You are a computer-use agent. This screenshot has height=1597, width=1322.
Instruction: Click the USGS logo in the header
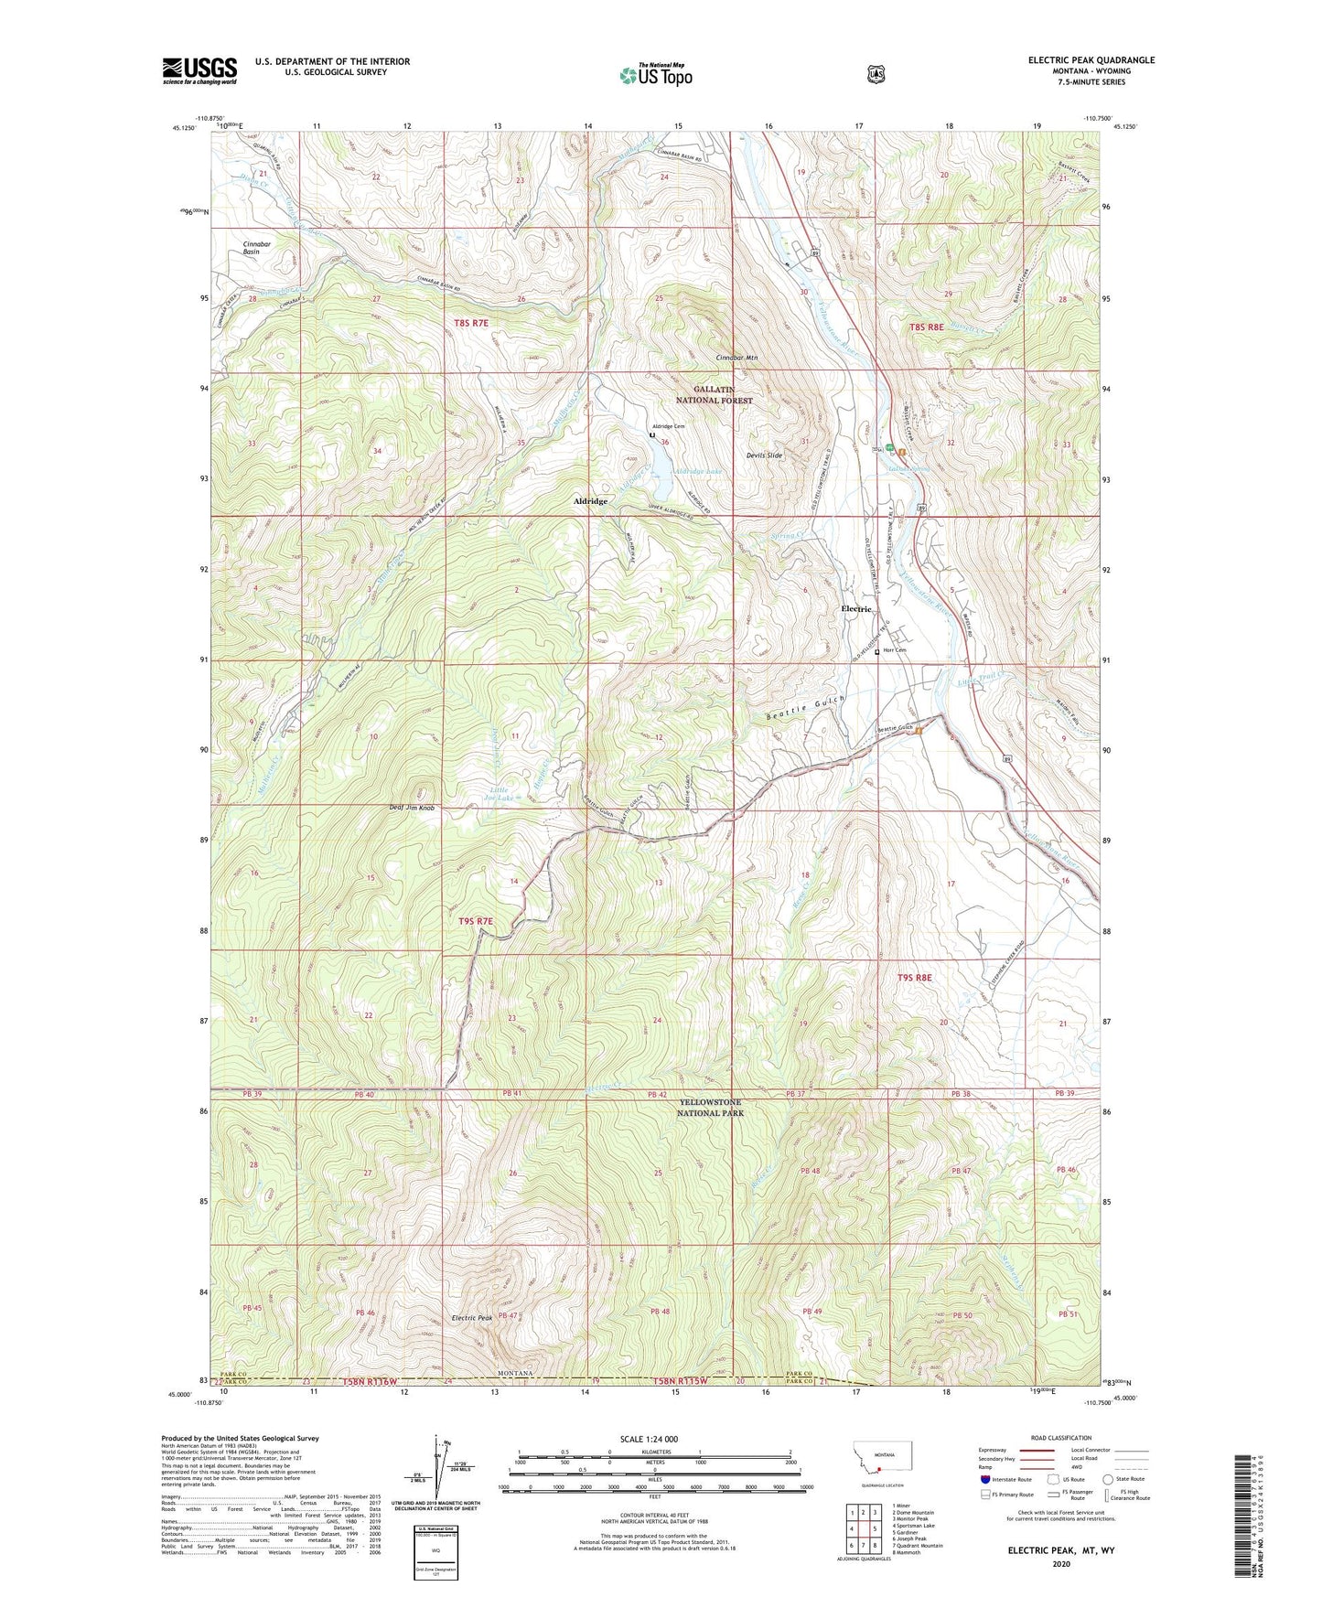(x=199, y=70)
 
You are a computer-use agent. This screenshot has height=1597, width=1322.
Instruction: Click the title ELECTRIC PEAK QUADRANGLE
(x=1091, y=60)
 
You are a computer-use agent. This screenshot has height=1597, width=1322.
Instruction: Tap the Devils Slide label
(x=764, y=456)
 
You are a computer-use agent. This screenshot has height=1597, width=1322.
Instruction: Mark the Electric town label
(x=857, y=609)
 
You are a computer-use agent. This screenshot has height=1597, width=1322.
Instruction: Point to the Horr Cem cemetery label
(x=894, y=651)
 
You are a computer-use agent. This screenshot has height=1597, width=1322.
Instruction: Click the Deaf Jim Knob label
(x=412, y=808)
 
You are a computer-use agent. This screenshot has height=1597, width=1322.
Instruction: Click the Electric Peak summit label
(x=472, y=1318)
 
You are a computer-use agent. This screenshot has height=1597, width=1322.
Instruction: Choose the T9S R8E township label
(x=915, y=978)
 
